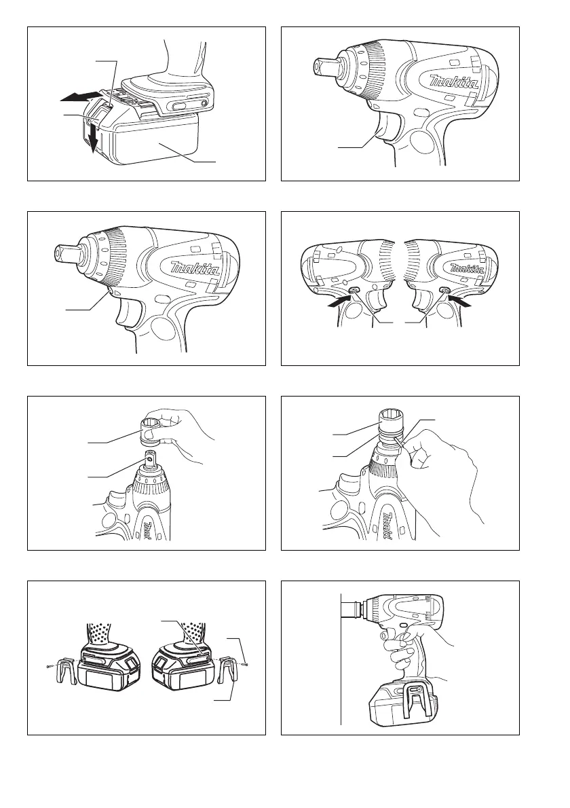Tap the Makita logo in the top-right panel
[x=455, y=82]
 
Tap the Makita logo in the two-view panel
[x=466, y=268]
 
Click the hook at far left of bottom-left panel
[x=65, y=671]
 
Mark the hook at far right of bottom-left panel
[x=227, y=671]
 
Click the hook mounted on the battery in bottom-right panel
[x=415, y=697]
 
